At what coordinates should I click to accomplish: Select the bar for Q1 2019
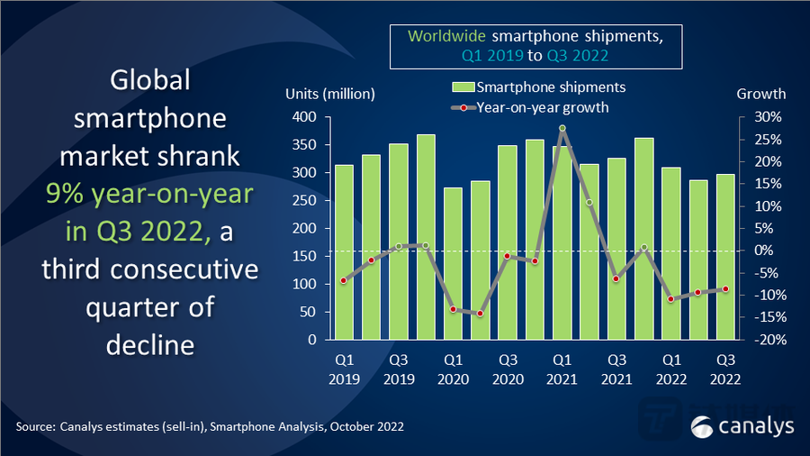tap(344, 252)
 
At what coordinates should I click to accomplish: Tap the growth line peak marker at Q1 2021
tap(562, 129)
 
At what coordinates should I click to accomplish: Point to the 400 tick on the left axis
tap(306, 117)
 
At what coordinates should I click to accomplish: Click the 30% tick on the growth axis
tap(752, 117)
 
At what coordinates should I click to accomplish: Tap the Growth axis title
tap(760, 94)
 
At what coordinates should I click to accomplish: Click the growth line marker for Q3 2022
tap(724, 289)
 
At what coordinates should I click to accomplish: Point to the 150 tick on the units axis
tap(306, 257)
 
